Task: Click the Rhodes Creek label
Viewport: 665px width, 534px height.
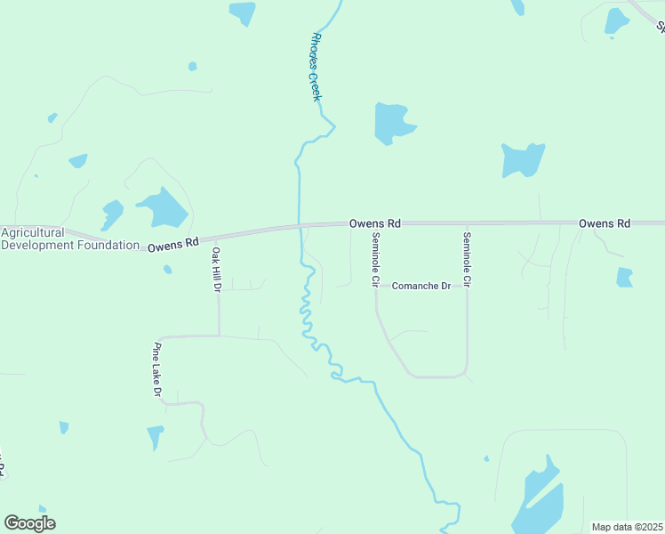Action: (315, 67)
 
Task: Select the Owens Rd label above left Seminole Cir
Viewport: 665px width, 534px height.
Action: (374, 223)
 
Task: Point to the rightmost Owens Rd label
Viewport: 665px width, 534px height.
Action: (604, 223)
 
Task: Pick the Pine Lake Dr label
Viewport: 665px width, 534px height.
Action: (157, 368)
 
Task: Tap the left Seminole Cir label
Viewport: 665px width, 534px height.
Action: (376, 259)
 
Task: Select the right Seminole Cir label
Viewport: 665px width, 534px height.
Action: (467, 259)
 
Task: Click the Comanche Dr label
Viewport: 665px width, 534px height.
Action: (421, 286)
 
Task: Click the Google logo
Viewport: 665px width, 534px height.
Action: (29, 523)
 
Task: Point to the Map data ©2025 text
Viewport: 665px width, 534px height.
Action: (628, 527)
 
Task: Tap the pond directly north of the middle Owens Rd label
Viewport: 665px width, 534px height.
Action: (392, 123)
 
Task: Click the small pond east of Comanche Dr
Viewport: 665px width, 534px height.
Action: (624, 278)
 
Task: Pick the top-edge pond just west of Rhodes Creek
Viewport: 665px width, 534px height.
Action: (242, 12)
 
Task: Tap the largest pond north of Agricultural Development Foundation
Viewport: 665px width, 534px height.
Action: (163, 208)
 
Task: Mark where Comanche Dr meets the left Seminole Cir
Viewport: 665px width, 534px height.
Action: (376, 287)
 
